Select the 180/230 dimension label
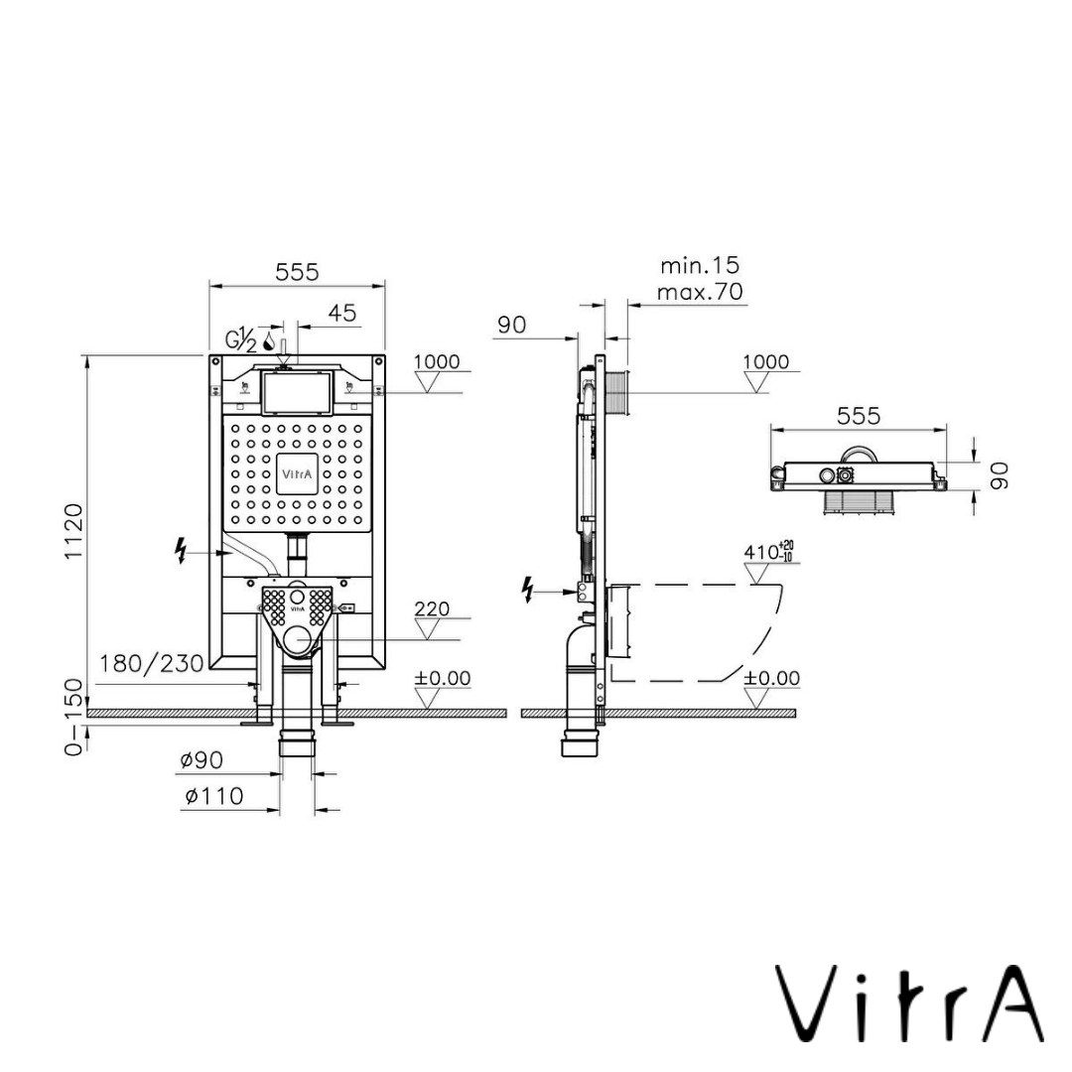[151, 663]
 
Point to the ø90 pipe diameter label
[201, 760]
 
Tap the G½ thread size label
[241, 339]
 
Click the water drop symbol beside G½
[268, 346]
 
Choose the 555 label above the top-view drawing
[859, 416]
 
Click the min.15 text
[700, 265]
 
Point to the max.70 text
[700, 292]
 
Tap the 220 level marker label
[432, 608]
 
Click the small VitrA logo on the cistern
[298, 473]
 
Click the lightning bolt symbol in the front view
[182, 550]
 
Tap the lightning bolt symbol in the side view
[528, 591]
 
